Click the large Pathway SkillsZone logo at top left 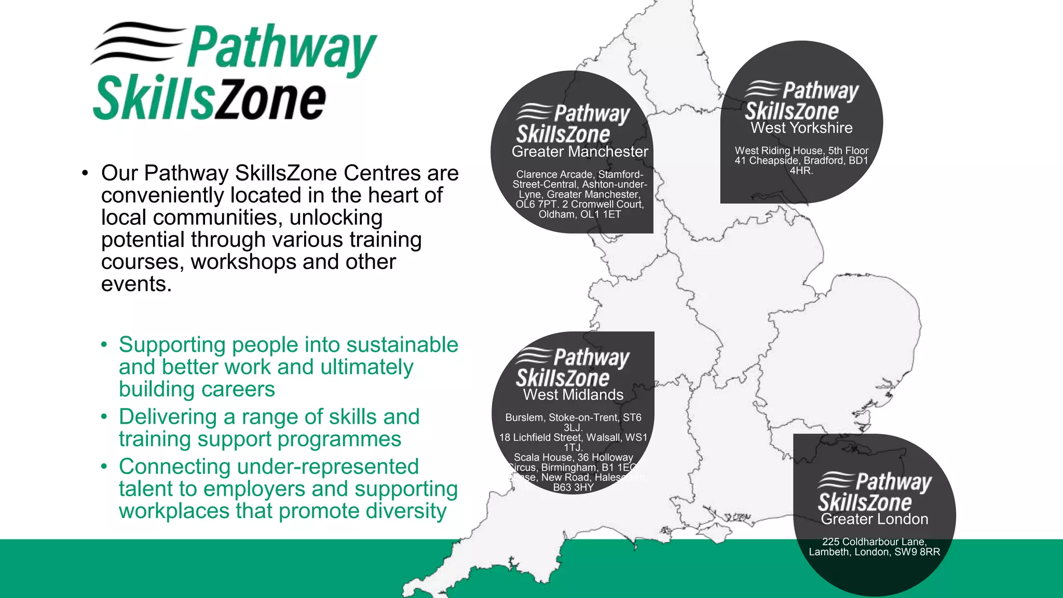(x=234, y=72)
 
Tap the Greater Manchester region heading (x=580, y=152)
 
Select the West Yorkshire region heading (x=801, y=128)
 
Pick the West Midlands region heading (x=573, y=395)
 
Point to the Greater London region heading (x=875, y=519)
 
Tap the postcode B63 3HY (x=573, y=487)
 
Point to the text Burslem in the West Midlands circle (x=524, y=417)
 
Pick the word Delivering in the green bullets (x=168, y=417)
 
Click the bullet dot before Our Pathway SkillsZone (x=85, y=173)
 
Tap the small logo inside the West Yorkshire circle (x=801, y=101)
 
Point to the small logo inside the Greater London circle (x=875, y=492)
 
